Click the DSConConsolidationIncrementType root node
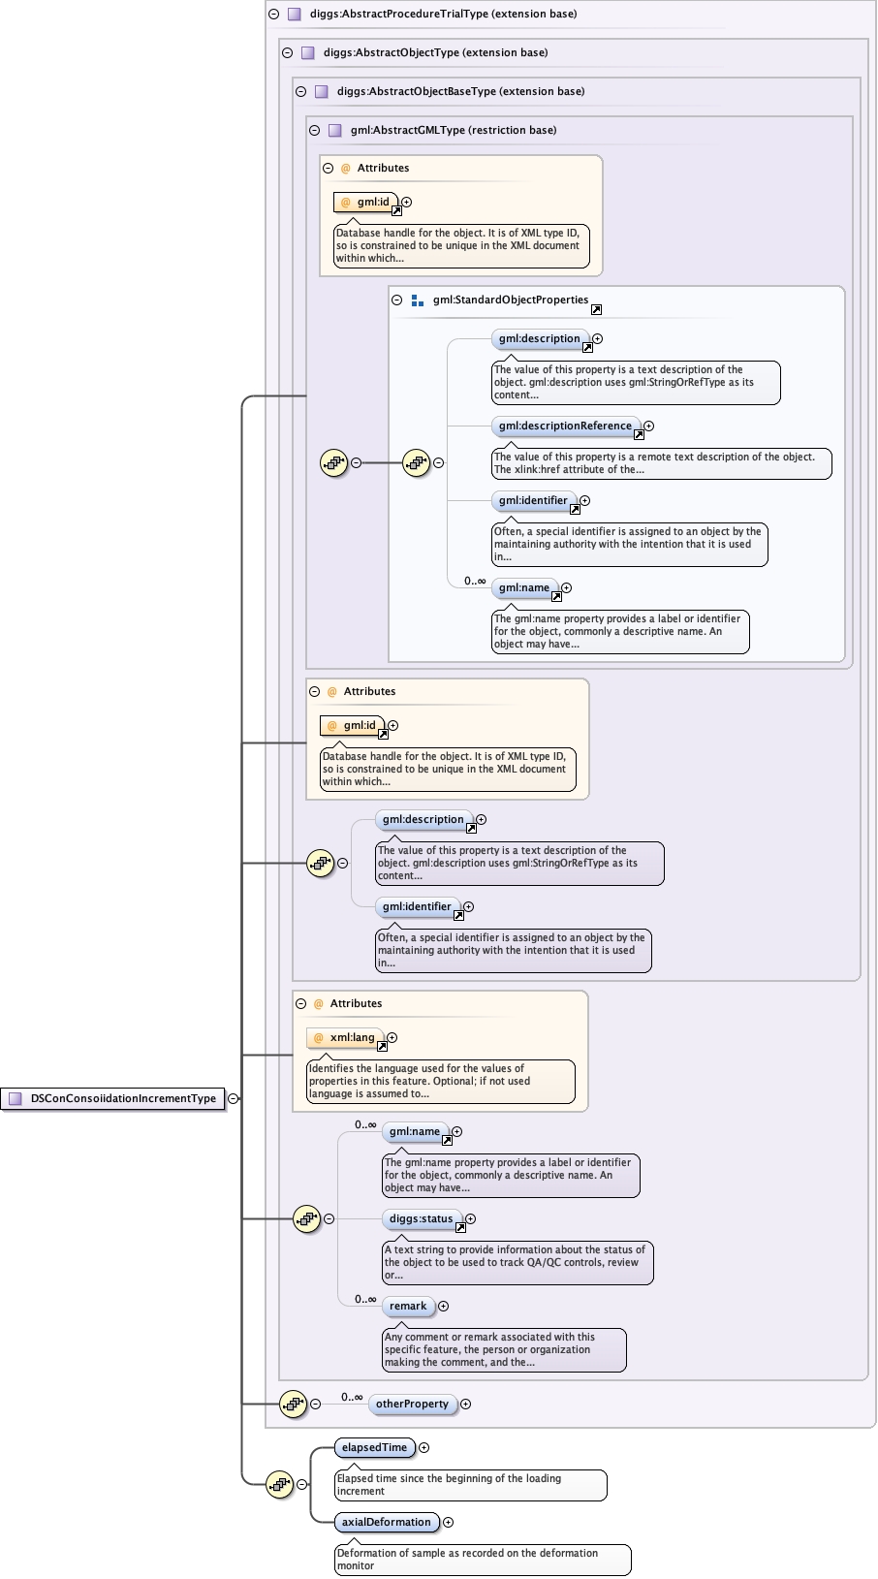point(114,1098)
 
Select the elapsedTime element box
point(374,1447)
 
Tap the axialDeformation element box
point(386,1522)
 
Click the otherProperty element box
point(412,1404)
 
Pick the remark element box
point(407,1306)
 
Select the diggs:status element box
point(421,1218)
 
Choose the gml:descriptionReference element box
point(565,426)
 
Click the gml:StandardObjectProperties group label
point(510,300)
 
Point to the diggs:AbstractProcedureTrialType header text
point(443,14)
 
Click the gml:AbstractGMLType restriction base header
point(453,130)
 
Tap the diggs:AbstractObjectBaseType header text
point(460,91)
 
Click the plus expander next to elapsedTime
point(423,1447)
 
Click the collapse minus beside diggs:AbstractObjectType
point(287,52)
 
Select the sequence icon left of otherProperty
point(293,1404)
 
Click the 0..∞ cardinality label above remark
point(365,1299)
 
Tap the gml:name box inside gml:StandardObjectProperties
point(523,587)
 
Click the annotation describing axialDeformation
point(482,1559)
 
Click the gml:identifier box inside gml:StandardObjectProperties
point(533,500)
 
